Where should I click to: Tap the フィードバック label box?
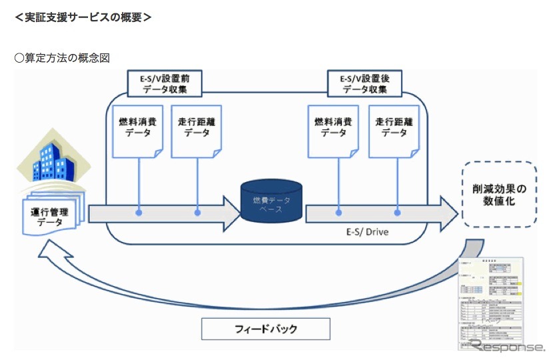(x=266, y=329)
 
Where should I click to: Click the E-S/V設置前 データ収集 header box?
(x=165, y=83)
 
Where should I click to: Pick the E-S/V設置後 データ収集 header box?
(x=364, y=83)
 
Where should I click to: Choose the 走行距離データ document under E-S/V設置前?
(x=197, y=131)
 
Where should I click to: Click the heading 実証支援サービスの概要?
(x=83, y=18)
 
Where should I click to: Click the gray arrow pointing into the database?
(x=164, y=213)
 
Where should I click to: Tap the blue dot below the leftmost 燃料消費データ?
(x=139, y=213)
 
